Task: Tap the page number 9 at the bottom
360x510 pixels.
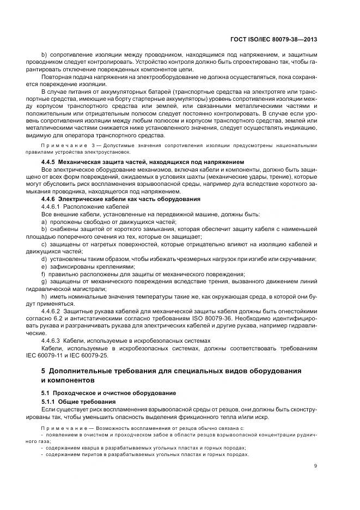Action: point(316,466)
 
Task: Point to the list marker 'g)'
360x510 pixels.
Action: point(44,281)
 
